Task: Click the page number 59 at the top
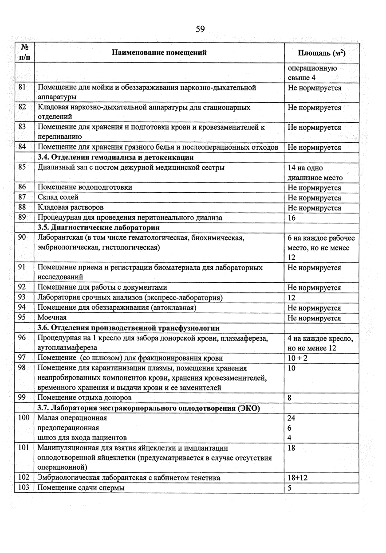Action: (200, 29)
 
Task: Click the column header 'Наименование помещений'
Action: (159, 53)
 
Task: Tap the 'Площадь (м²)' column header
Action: (322, 53)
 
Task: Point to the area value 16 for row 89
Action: (291, 218)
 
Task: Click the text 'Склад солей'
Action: (58, 197)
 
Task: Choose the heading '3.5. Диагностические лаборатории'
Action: (98, 228)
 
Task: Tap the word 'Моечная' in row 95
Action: (52, 318)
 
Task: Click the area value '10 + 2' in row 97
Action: (297, 358)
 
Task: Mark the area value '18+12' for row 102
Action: (298, 478)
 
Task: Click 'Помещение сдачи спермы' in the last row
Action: (81, 488)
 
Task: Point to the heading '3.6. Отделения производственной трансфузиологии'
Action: (129, 328)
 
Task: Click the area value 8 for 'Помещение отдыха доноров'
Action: (290, 398)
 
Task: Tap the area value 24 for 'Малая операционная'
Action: (291, 418)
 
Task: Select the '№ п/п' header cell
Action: (24, 53)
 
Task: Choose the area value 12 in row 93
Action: (291, 298)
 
